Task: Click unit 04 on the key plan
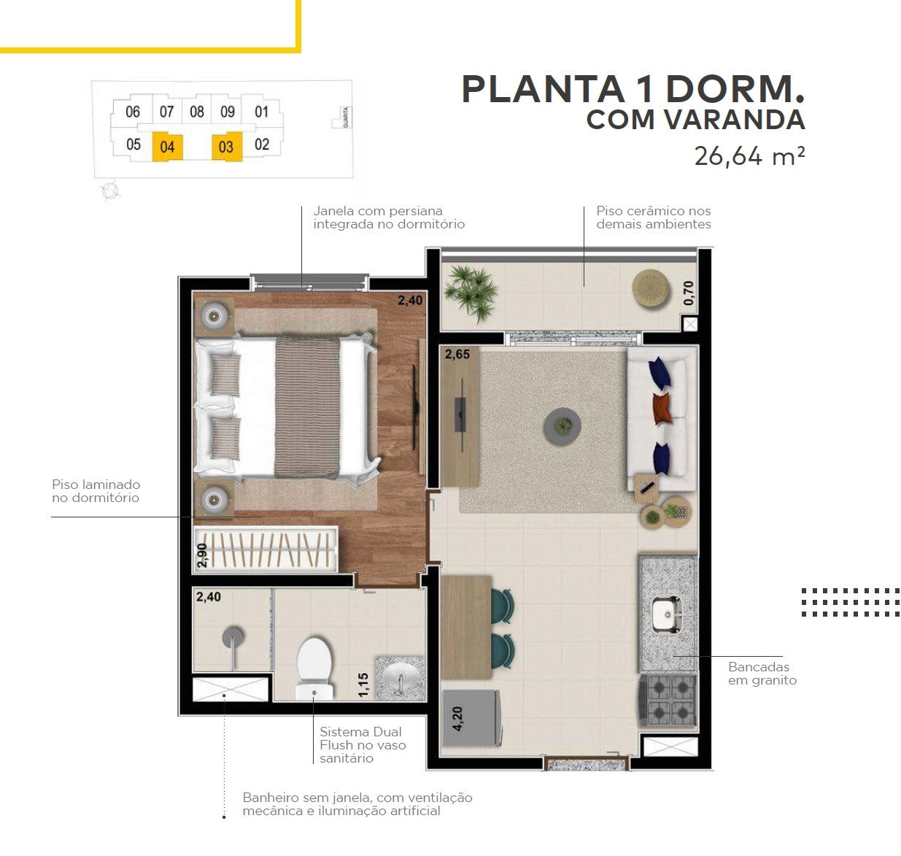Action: [x=167, y=147]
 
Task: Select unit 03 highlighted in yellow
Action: [x=226, y=147]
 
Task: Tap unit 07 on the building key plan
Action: [x=166, y=112]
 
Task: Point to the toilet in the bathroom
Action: [x=314, y=668]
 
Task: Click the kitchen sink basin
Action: [x=668, y=614]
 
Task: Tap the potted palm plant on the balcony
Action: [x=471, y=292]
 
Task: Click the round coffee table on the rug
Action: [x=562, y=426]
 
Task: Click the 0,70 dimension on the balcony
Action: [x=689, y=293]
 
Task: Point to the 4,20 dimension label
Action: [x=457, y=719]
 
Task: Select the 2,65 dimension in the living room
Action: [x=457, y=354]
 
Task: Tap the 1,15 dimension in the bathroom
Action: [x=363, y=685]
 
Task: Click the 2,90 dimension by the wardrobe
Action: [x=201, y=555]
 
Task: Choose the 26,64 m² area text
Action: [x=749, y=156]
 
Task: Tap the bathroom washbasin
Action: [x=401, y=679]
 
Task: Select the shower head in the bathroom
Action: [x=233, y=637]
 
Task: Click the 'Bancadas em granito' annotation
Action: [x=762, y=673]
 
